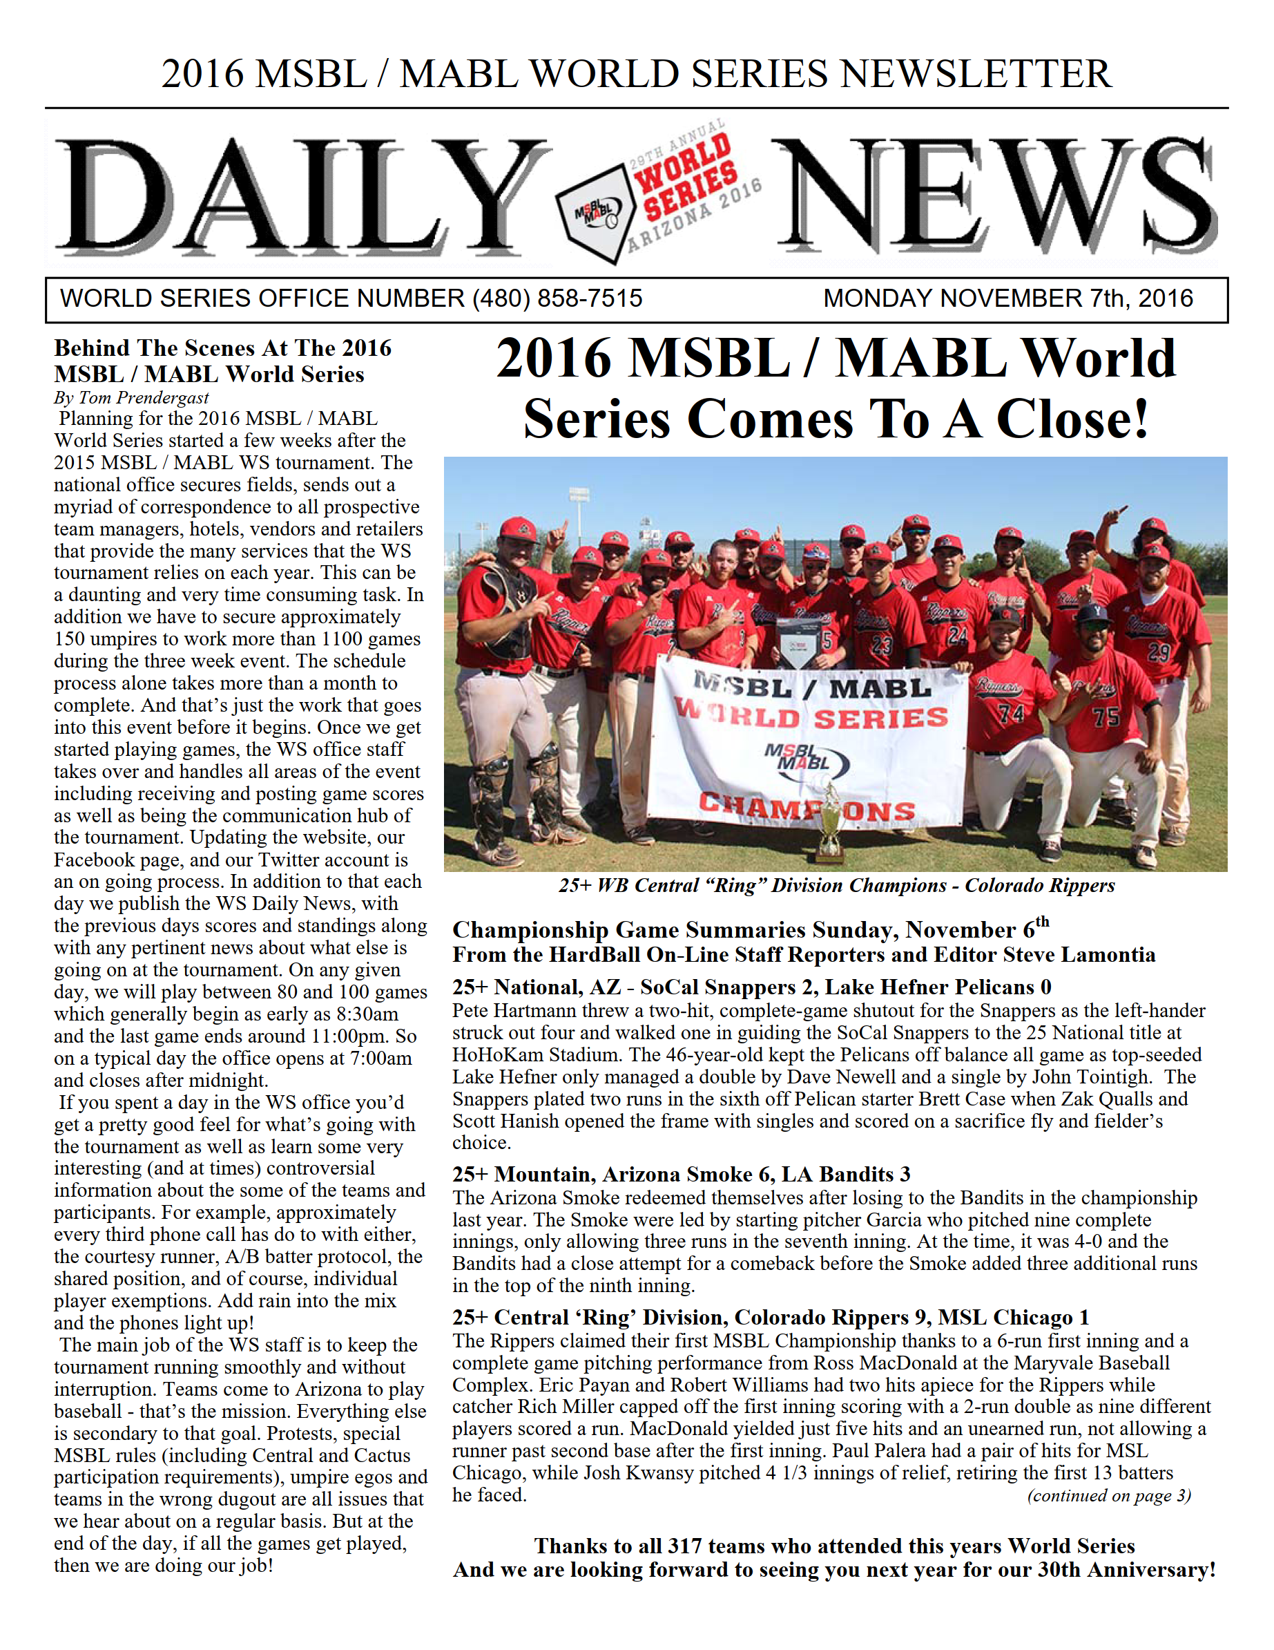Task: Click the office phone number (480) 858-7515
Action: (x=557, y=298)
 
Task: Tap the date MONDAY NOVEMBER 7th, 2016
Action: (x=1007, y=298)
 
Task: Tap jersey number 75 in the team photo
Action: (x=1106, y=715)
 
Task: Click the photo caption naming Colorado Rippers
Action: (x=836, y=885)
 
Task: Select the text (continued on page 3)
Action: (x=1108, y=1496)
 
